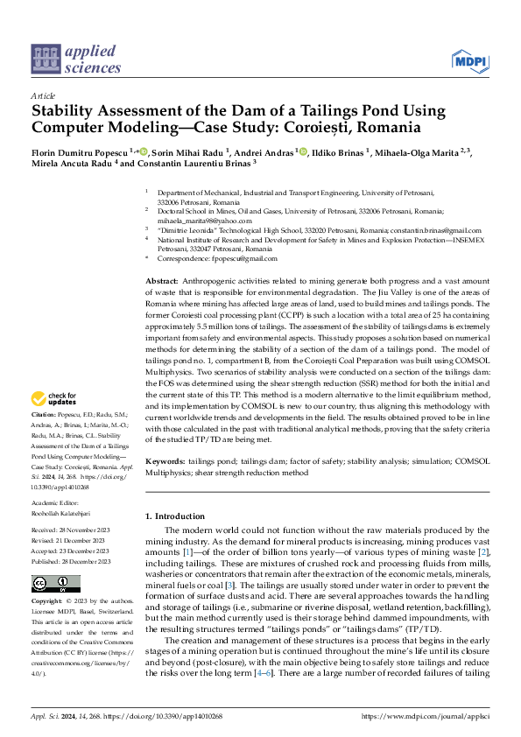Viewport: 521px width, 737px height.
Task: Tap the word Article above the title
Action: click(42, 95)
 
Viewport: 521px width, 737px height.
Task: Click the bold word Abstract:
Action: click(162, 277)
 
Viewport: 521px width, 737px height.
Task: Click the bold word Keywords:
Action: click(165, 460)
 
